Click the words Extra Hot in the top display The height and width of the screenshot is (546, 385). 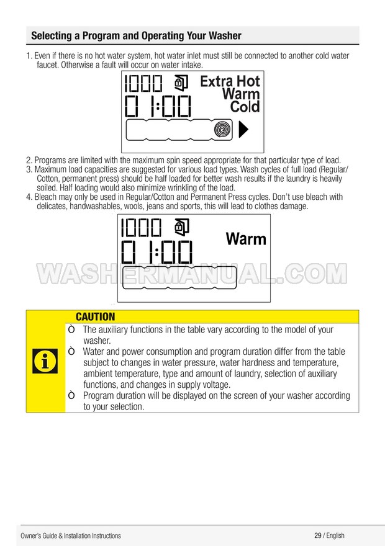(230, 81)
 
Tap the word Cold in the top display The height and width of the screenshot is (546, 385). (245, 107)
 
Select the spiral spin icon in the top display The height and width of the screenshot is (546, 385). (222, 130)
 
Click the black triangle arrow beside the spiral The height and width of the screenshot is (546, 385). (243, 129)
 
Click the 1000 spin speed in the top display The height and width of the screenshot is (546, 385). (143, 84)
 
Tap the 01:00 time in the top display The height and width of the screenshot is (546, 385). (158, 106)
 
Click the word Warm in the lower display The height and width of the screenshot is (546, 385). (246, 239)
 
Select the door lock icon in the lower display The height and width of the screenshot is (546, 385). (181, 226)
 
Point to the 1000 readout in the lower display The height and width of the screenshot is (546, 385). (141, 228)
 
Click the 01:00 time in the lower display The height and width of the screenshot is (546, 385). (156, 252)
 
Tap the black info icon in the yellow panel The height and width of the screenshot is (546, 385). (45, 361)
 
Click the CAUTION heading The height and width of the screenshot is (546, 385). (95, 316)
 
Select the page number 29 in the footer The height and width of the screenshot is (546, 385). (318, 535)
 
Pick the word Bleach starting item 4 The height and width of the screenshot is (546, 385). (44, 197)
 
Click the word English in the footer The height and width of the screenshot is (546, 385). (335, 535)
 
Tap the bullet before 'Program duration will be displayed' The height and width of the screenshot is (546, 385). (71, 396)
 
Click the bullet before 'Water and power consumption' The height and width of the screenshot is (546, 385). (71, 352)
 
